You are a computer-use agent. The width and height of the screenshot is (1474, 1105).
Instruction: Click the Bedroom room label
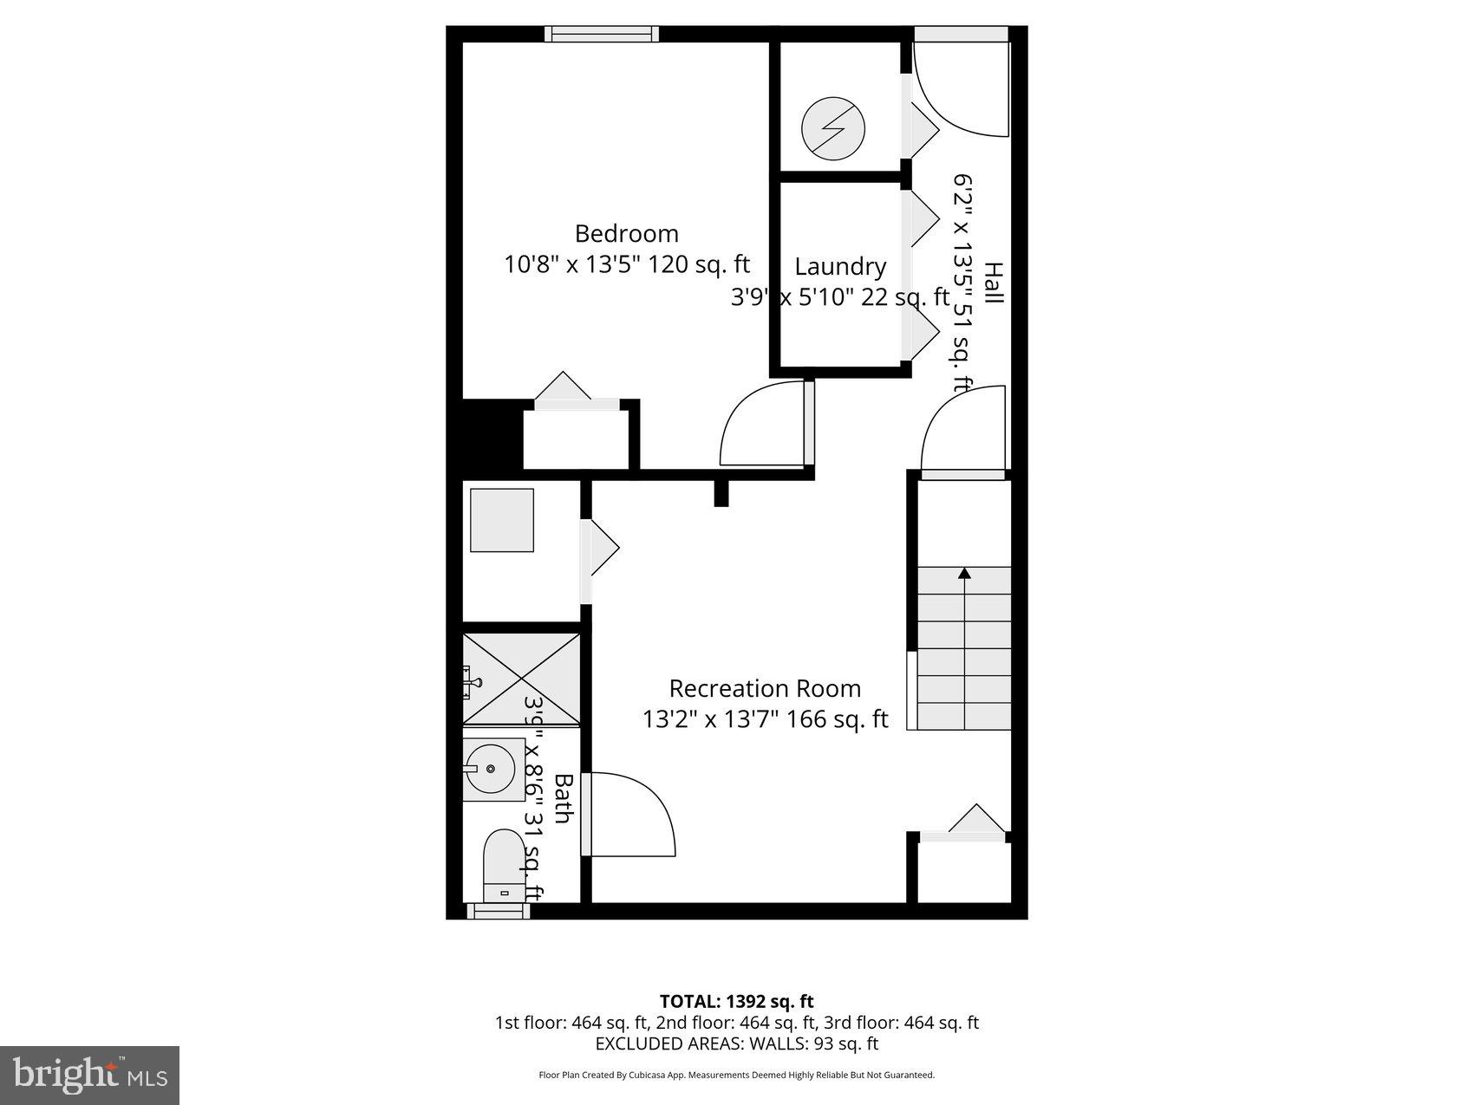626,233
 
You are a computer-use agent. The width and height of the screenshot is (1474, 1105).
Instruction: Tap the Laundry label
840,266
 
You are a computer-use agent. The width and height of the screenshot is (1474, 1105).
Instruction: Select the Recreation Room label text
765,688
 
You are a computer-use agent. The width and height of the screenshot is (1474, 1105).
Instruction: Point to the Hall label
994,283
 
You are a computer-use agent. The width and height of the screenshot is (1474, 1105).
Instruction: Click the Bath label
563,799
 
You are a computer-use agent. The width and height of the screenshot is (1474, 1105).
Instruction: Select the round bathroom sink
492,769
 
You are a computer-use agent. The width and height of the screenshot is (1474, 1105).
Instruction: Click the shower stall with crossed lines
521,679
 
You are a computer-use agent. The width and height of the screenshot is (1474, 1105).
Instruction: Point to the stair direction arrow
964,573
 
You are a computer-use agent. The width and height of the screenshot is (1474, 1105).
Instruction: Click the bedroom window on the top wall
601,34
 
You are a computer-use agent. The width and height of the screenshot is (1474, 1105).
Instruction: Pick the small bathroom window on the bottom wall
499,911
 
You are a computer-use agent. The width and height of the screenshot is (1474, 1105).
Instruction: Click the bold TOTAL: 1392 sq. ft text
736,1002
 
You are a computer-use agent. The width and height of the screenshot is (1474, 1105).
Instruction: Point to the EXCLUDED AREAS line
736,1043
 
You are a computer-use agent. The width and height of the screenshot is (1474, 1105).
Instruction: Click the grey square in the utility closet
502,520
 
